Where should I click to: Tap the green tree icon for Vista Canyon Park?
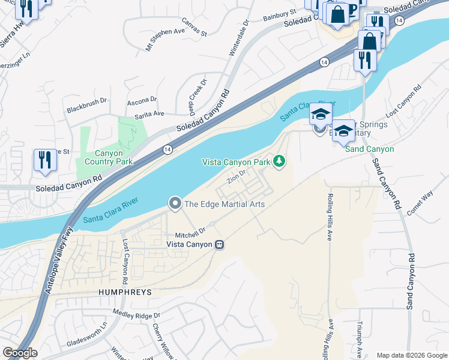[x=279, y=161]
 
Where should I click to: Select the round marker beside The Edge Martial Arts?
[x=175, y=204]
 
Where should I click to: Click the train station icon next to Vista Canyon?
[x=220, y=244]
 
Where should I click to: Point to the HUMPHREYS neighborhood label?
[x=125, y=292]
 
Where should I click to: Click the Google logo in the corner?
[x=19, y=353]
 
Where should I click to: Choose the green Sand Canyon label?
[x=369, y=149]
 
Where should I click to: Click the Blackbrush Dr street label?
[x=87, y=109]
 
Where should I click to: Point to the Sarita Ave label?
[x=149, y=113]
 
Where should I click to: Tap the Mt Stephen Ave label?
[x=164, y=38]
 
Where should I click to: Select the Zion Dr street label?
[x=237, y=176]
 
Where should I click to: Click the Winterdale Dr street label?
[x=239, y=41]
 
